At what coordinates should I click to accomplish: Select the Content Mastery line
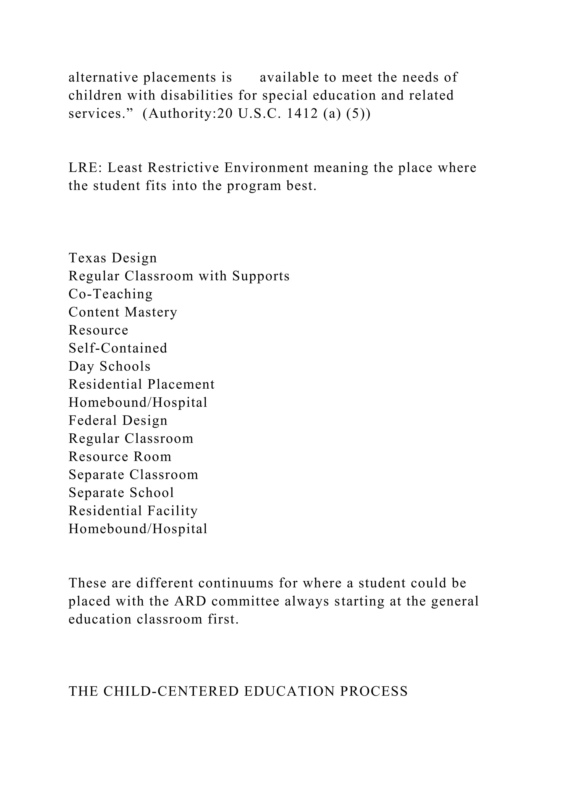[x=123, y=312]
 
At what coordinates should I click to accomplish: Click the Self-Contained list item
[x=118, y=348]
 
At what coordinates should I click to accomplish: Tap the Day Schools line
[x=109, y=366]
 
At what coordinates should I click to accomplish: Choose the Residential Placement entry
[x=141, y=384]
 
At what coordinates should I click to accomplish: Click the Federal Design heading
[x=118, y=420]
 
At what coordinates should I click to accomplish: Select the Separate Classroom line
[x=133, y=475]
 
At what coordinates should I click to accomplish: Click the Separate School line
[x=121, y=493]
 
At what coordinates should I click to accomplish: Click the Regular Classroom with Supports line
[x=179, y=276]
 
